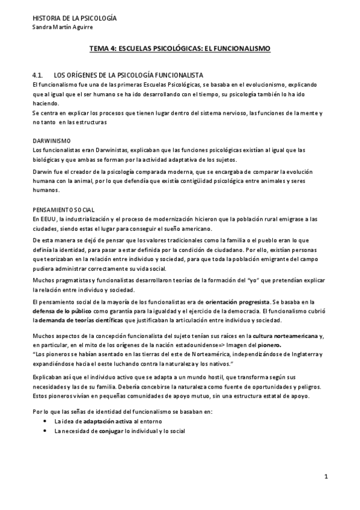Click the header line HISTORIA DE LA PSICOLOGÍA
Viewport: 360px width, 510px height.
click(74, 18)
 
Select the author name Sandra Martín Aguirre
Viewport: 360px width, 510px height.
click(63, 27)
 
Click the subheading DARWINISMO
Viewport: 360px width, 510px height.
click(51, 140)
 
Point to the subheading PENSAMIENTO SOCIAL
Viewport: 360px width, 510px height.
click(63, 209)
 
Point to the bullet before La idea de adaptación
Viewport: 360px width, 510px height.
click(46, 422)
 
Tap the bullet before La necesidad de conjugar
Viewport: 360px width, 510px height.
click(46, 431)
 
